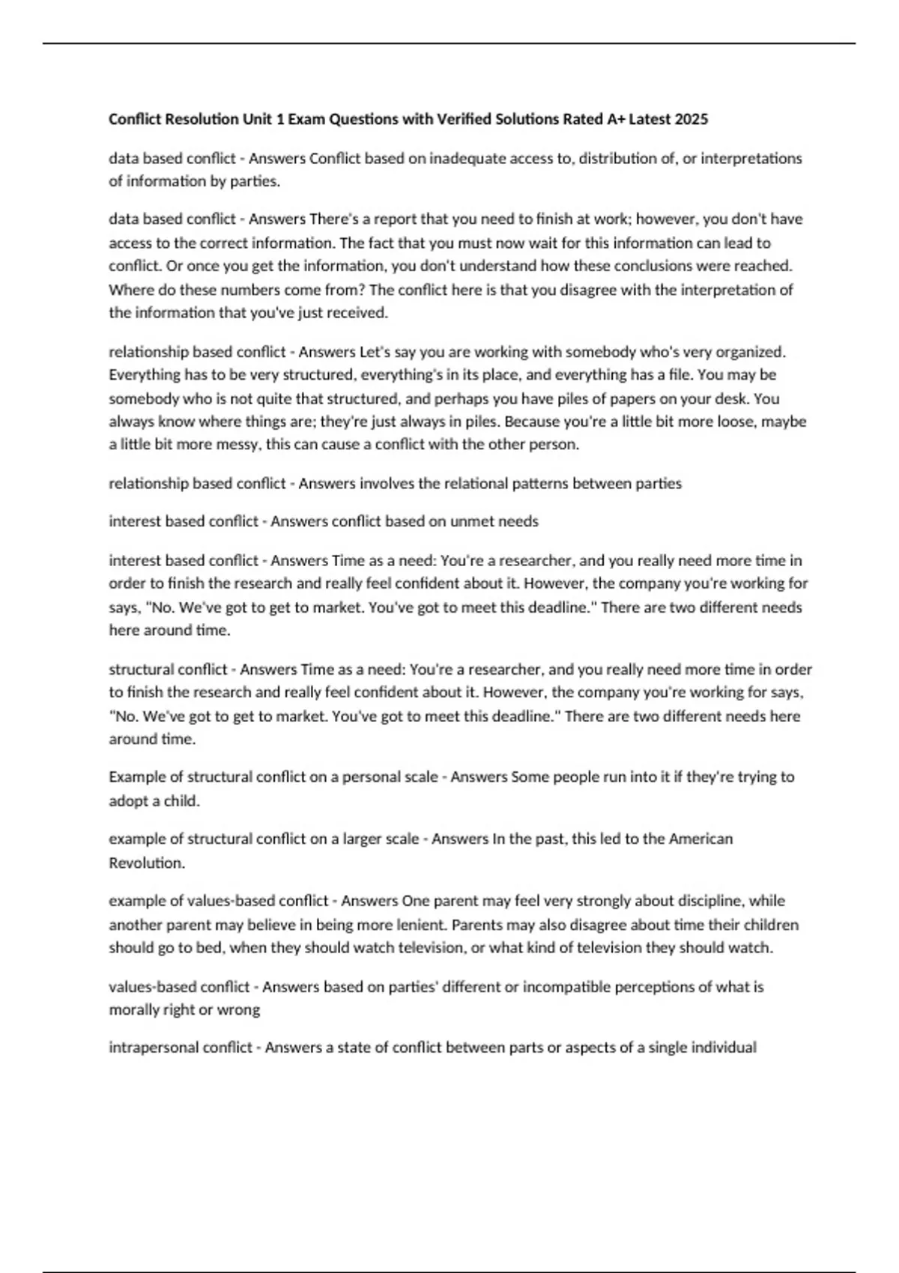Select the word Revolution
point(146,863)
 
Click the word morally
point(133,1010)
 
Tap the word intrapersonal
point(142,1048)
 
